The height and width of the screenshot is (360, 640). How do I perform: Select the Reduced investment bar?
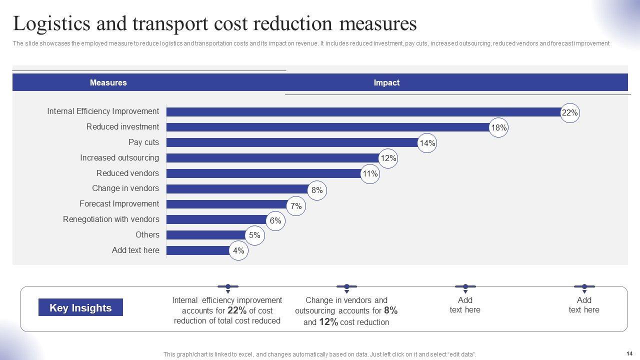point(327,127)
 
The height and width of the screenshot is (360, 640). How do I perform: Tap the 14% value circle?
point(427,143)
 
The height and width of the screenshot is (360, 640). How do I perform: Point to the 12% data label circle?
point(388,158)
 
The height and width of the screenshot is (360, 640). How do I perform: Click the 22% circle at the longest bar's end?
point(570,113)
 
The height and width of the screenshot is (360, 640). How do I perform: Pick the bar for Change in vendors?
point(237,188)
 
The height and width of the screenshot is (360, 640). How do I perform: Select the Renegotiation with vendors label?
point(111,219)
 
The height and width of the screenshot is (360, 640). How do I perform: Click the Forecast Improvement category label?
point(119,203)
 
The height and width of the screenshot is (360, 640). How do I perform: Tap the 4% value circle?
point(238,251)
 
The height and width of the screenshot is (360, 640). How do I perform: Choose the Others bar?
point(206,235)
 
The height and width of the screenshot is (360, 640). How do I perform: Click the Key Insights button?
point(80,307)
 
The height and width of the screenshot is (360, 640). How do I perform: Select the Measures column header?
point(108,82)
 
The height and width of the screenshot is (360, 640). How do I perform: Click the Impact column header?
point(386,82)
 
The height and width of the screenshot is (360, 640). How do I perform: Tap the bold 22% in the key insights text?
point(237,310)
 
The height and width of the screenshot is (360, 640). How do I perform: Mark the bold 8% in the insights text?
point(390,310)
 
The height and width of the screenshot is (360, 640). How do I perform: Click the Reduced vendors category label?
point(127,173)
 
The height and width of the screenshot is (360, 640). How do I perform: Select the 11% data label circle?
point(370,174)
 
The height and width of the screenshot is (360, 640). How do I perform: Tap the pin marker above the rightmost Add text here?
point(584,287)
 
